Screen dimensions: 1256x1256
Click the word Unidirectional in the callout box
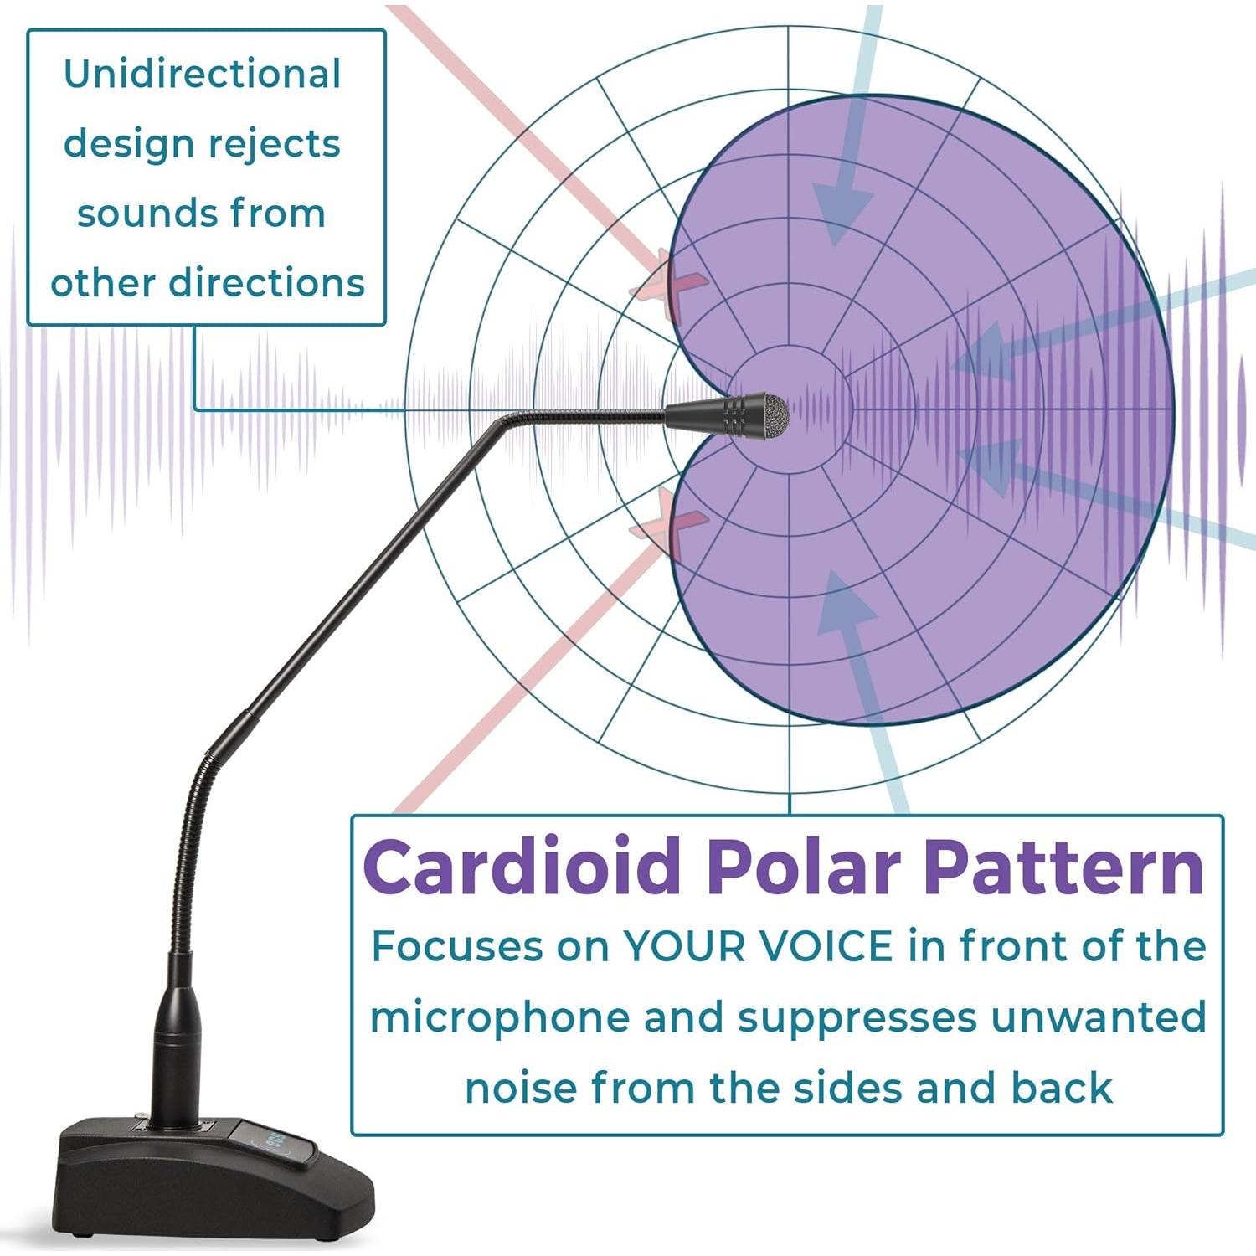coord(203,74)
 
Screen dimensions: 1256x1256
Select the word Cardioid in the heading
coord(522,867)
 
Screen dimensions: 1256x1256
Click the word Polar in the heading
coord(803,867)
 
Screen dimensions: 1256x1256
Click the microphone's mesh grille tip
coord(774,415)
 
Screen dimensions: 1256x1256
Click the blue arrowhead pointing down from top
coord(842,214)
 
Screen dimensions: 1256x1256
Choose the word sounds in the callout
coord(138,214)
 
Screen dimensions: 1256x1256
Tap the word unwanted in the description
coord(1099,1017)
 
